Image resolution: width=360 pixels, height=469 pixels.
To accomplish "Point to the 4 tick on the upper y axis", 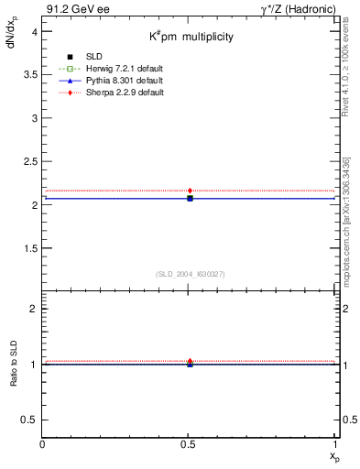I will point(33,31).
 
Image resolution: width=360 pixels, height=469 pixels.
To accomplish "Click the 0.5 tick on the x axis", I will point(189,443).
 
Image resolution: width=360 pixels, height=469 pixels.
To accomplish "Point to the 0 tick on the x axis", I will point(43,443).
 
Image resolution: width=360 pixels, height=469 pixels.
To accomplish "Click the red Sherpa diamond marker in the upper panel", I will point(190,191).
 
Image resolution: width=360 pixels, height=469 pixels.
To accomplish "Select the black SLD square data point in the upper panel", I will point(190,198).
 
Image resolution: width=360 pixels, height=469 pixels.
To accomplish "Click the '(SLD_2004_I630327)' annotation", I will point(190,274).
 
